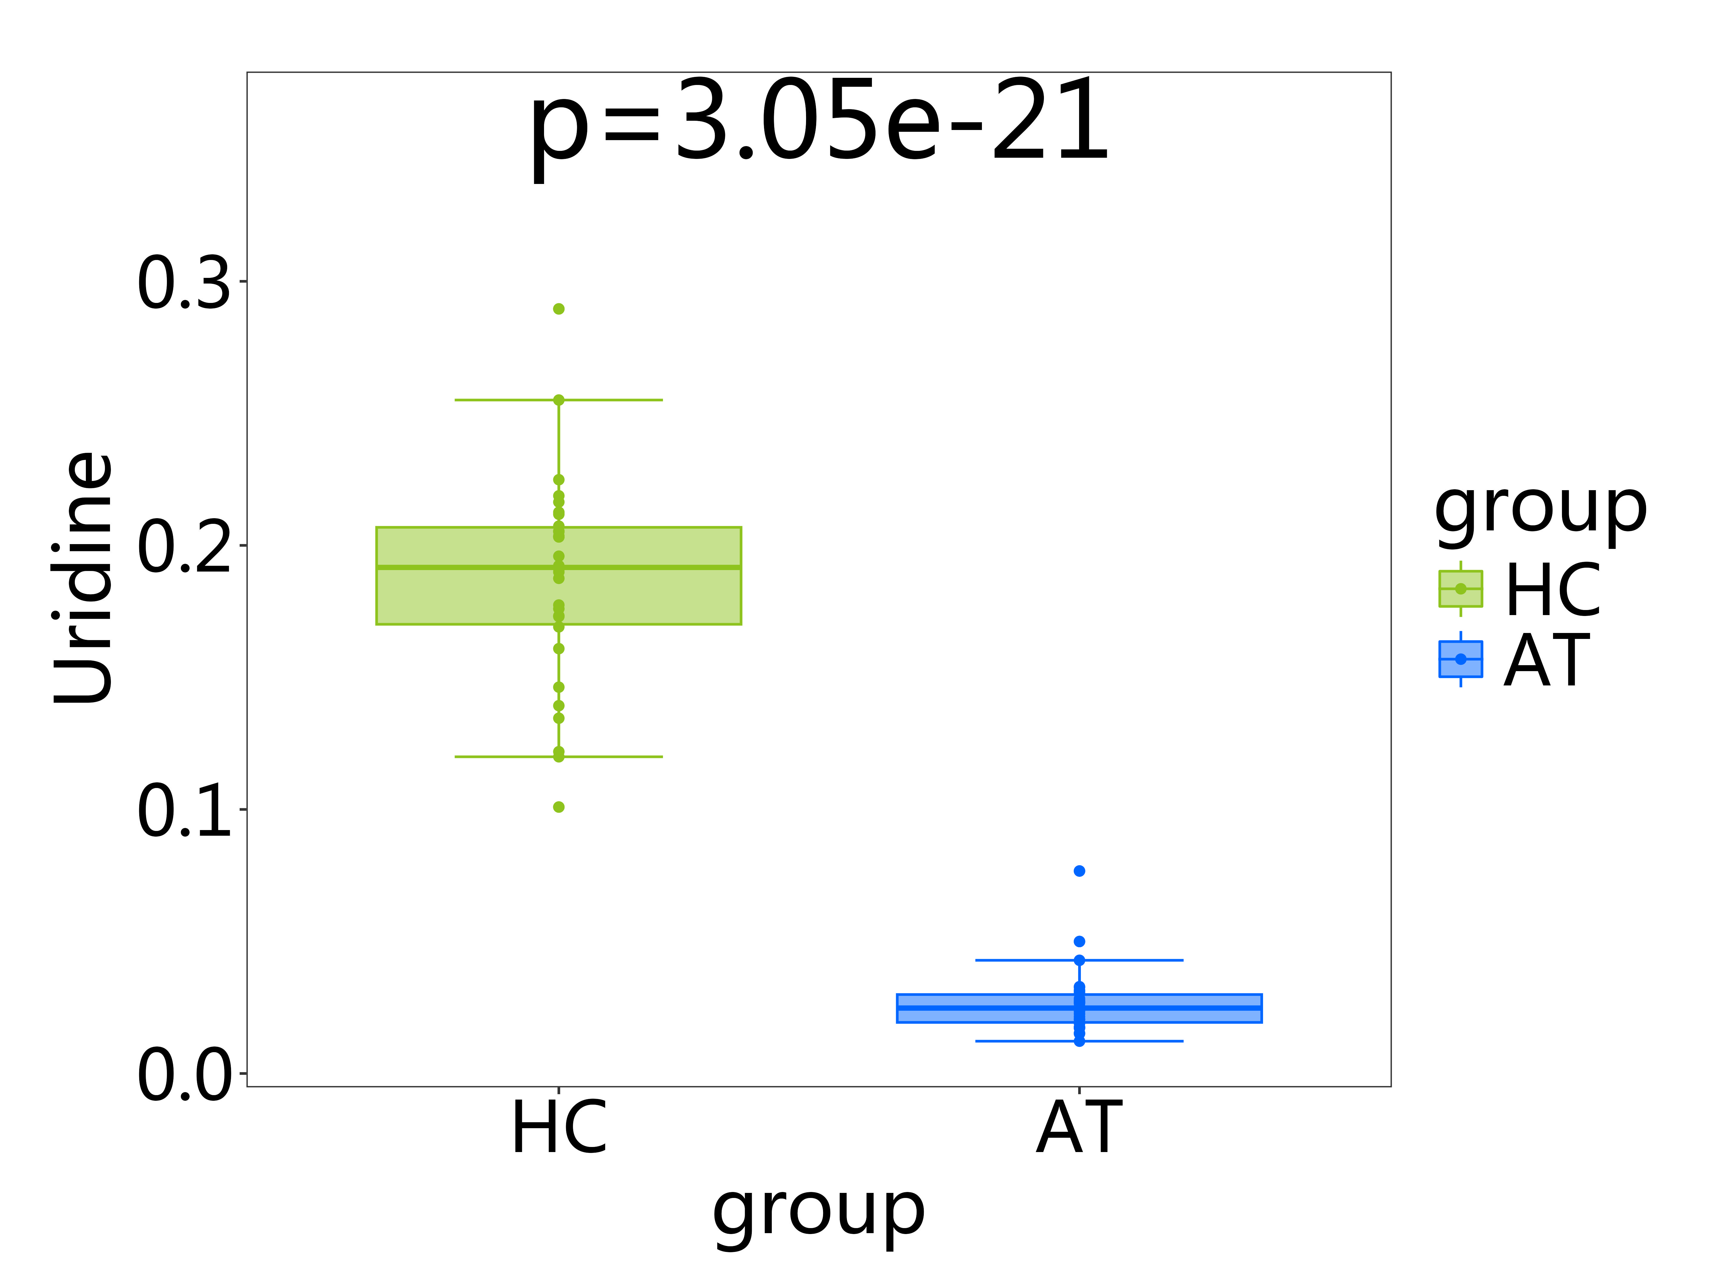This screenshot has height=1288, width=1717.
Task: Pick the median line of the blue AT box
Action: tap(986, 1008)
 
